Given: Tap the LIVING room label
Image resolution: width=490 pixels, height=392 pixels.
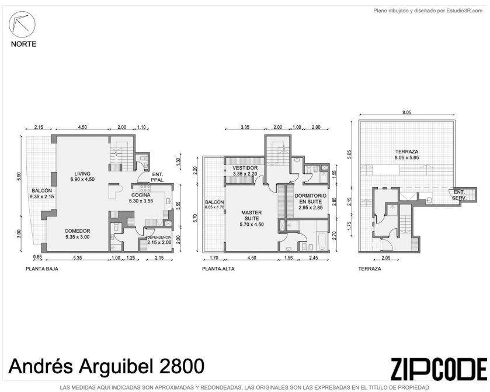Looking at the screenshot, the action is [x=82, y=173].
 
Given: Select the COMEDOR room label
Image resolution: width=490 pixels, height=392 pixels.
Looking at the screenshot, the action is [x=77, y=231].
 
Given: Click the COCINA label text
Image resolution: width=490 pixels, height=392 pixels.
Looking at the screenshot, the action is [x=141, y=195].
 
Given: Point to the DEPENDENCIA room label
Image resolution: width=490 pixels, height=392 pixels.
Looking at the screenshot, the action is [x=159, y=238].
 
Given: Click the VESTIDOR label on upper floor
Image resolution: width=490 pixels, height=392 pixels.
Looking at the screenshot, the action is [x=245, y=168].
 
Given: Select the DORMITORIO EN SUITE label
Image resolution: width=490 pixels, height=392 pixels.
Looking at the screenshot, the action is [x=310, y=198].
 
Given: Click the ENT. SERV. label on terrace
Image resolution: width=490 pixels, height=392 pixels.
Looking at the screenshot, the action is [x=459, y=195].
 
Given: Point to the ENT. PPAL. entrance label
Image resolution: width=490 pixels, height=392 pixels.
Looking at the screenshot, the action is [x=158, y=177].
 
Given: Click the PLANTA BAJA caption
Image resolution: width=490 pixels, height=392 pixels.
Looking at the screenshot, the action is [x=42, y=269].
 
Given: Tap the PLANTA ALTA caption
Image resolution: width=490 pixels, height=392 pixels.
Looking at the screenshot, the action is [x=218, y=269].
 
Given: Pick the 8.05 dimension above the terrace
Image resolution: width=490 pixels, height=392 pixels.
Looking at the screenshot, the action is [x=406, y=113].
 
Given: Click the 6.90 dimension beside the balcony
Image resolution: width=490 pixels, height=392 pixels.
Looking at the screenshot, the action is [x=19, y=176].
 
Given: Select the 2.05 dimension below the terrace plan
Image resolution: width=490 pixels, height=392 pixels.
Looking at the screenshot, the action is [x=386, y=258].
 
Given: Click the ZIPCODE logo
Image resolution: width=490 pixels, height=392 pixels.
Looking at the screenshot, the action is [x=439, y=369].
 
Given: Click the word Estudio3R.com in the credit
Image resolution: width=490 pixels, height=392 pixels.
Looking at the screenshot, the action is [x=464, y=11].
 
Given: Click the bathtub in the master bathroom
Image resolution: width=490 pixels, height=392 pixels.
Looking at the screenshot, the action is [x=322, y=241].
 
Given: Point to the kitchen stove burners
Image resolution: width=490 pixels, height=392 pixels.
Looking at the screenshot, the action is [x=145, y=188].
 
